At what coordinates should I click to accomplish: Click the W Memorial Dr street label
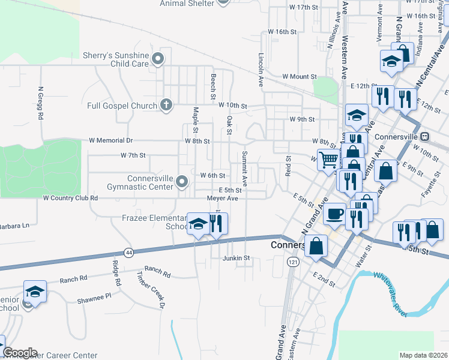pyautogui.click(x=110, y=140)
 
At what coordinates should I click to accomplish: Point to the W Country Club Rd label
pyautogui.click(x=70, y=197)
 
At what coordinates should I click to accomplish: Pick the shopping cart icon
pyautogui.click(x=328, y=160)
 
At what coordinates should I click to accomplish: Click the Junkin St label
pyautogui.click(x=235, y=259)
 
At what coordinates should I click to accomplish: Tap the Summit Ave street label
pyautogui.click(x=245, y=169)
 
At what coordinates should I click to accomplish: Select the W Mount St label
pyautogui.click(x=295, y=77)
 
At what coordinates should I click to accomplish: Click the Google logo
pyautogui.click(x=20, y=353)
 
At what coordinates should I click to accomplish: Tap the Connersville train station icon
pyautogui.click(x=425, y=136)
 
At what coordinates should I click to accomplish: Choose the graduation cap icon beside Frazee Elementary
pyautogui.click(x=197, y=224)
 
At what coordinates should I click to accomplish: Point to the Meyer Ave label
pyautogui.click(x=223, y=198)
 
